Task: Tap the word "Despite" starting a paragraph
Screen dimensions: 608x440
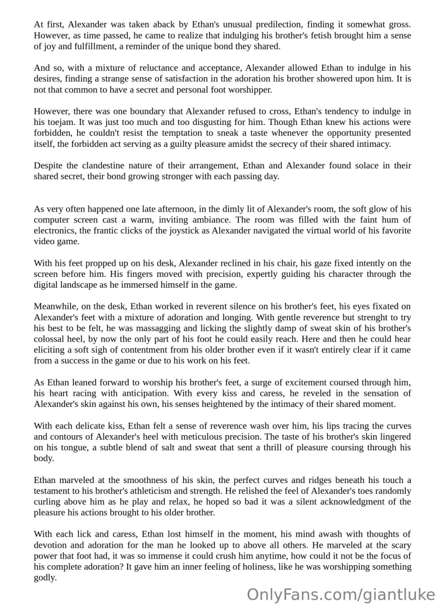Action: point(49,166)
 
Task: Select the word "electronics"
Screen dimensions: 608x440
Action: point(57,231)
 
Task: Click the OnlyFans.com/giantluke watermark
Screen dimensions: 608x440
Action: point(341,593)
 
